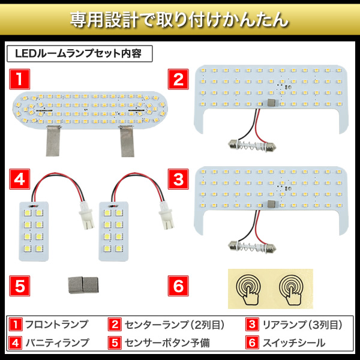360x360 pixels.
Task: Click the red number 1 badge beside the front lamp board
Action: pyautogui.click(x=20, y=79)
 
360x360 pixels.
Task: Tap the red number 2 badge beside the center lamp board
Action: pyautogui.click(x=178, y=79)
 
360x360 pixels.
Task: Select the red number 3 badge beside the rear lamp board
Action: pyautogui.click(x=178, y=179)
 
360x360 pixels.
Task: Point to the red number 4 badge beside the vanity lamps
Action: pyautogui.click(x=20, y=179)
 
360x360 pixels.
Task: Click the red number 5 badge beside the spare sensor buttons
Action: pyautogui.click(x=20, y=286)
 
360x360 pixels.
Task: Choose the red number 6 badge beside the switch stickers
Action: pyautogui.click(x=178, y=286)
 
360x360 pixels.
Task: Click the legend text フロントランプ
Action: pyautogui.click(x=56, y=325)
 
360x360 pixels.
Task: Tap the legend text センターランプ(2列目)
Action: pyautogui.click(x=175, y=325)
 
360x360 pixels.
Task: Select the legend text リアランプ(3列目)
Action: pyautogui.click(x=302, y=325)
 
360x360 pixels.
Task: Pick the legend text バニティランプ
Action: pyautogui.click(x=57, y=343)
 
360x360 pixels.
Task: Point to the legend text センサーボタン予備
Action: pyautogui.click(x=167, y=343)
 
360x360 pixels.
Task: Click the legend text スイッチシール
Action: pyautogui.click(x=294, y=343)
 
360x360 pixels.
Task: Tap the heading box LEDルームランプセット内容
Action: pyautogui.click(x=80, y=54)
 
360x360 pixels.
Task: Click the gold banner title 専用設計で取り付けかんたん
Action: pyautogui.click(x=179, y=20)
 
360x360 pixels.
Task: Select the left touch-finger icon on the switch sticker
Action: pyautogui.click(x=248, y=289)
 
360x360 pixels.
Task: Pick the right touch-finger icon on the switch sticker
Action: pyautogui.click(x=292, y=289)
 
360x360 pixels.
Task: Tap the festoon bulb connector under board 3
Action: pyautogui.click(x=252, y=247)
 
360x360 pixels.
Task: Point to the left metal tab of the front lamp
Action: pyautogui.click(x=53, y=141)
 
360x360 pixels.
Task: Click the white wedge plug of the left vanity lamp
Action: pyautogui.click(x=86, y=215)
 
